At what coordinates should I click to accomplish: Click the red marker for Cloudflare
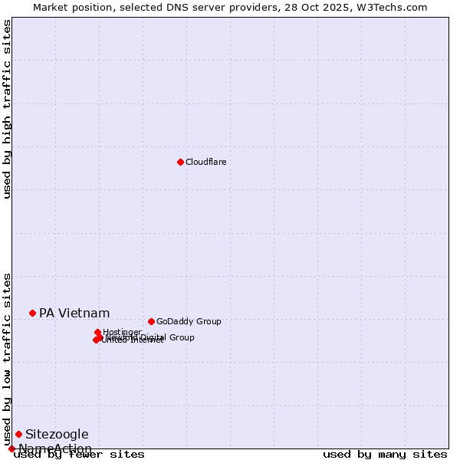(180, 162)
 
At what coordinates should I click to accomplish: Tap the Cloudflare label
(205, 162)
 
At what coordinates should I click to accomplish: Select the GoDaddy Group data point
(151, 321)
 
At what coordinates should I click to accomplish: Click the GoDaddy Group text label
(188, 321)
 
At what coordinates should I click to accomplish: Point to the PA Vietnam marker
(32, 313)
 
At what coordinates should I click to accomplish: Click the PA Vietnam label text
(74, 313)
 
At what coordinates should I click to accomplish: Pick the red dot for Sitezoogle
(18, 434)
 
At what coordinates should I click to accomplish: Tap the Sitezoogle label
(57, 434)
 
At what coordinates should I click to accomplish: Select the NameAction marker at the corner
(11, 449)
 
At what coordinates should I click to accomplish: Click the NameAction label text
(55, 449)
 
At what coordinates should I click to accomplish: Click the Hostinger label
(122, 332)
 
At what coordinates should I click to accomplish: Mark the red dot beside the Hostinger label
(97, 332)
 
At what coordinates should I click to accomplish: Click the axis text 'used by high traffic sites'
(7, 109)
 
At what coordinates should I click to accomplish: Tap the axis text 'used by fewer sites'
(79, 455)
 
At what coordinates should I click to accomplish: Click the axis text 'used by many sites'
(385, 455)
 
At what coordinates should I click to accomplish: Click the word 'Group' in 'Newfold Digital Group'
(182, 337)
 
